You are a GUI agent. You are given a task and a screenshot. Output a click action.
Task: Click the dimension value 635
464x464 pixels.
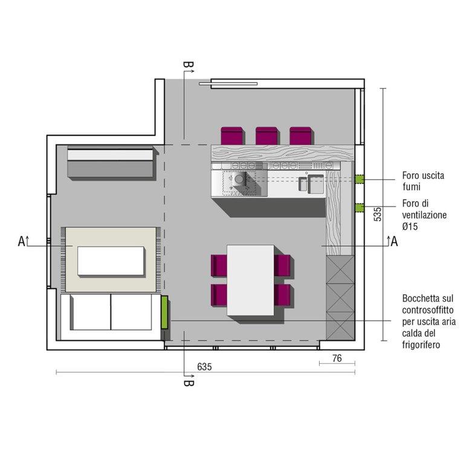pos(204,367)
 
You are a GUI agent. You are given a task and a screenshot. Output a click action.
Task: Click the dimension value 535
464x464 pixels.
pos(378,214)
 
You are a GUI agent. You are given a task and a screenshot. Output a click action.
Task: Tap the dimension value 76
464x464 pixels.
pos(337,358)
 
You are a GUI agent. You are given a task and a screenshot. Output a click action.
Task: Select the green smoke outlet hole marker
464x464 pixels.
pos(359,179)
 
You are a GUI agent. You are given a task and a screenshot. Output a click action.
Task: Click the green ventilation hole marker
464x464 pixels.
pos(359,208)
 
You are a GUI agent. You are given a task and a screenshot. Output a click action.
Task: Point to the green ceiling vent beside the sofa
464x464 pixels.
pos(164,312)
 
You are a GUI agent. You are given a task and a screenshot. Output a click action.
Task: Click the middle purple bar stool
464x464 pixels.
pos(266,136)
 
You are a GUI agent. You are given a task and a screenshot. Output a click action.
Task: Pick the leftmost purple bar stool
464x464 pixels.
pos(232,136)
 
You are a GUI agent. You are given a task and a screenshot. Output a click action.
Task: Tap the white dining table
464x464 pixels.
pos(250,280)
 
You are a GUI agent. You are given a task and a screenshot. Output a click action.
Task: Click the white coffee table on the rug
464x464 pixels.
pos(111,261)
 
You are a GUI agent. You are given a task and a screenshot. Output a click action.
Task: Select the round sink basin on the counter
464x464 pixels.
pos(239,179)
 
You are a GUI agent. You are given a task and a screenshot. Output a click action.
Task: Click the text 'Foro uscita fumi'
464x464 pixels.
pos(423,181)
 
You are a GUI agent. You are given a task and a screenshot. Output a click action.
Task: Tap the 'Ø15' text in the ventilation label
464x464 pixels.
pos(410,227)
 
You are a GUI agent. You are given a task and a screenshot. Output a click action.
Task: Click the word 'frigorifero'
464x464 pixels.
pos(420,345)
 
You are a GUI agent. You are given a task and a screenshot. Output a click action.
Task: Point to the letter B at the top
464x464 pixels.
pos(188,65)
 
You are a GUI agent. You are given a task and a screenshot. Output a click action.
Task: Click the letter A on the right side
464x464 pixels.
pos(394,242)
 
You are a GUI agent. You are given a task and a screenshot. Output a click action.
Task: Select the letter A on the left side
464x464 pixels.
pos(22,242)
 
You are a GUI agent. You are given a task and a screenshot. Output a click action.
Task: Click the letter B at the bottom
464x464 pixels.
pos(188,383)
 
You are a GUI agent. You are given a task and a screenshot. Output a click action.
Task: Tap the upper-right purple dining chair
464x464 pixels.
pos(282,265)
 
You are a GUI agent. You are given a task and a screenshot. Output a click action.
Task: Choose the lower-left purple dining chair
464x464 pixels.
pos(219,295)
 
